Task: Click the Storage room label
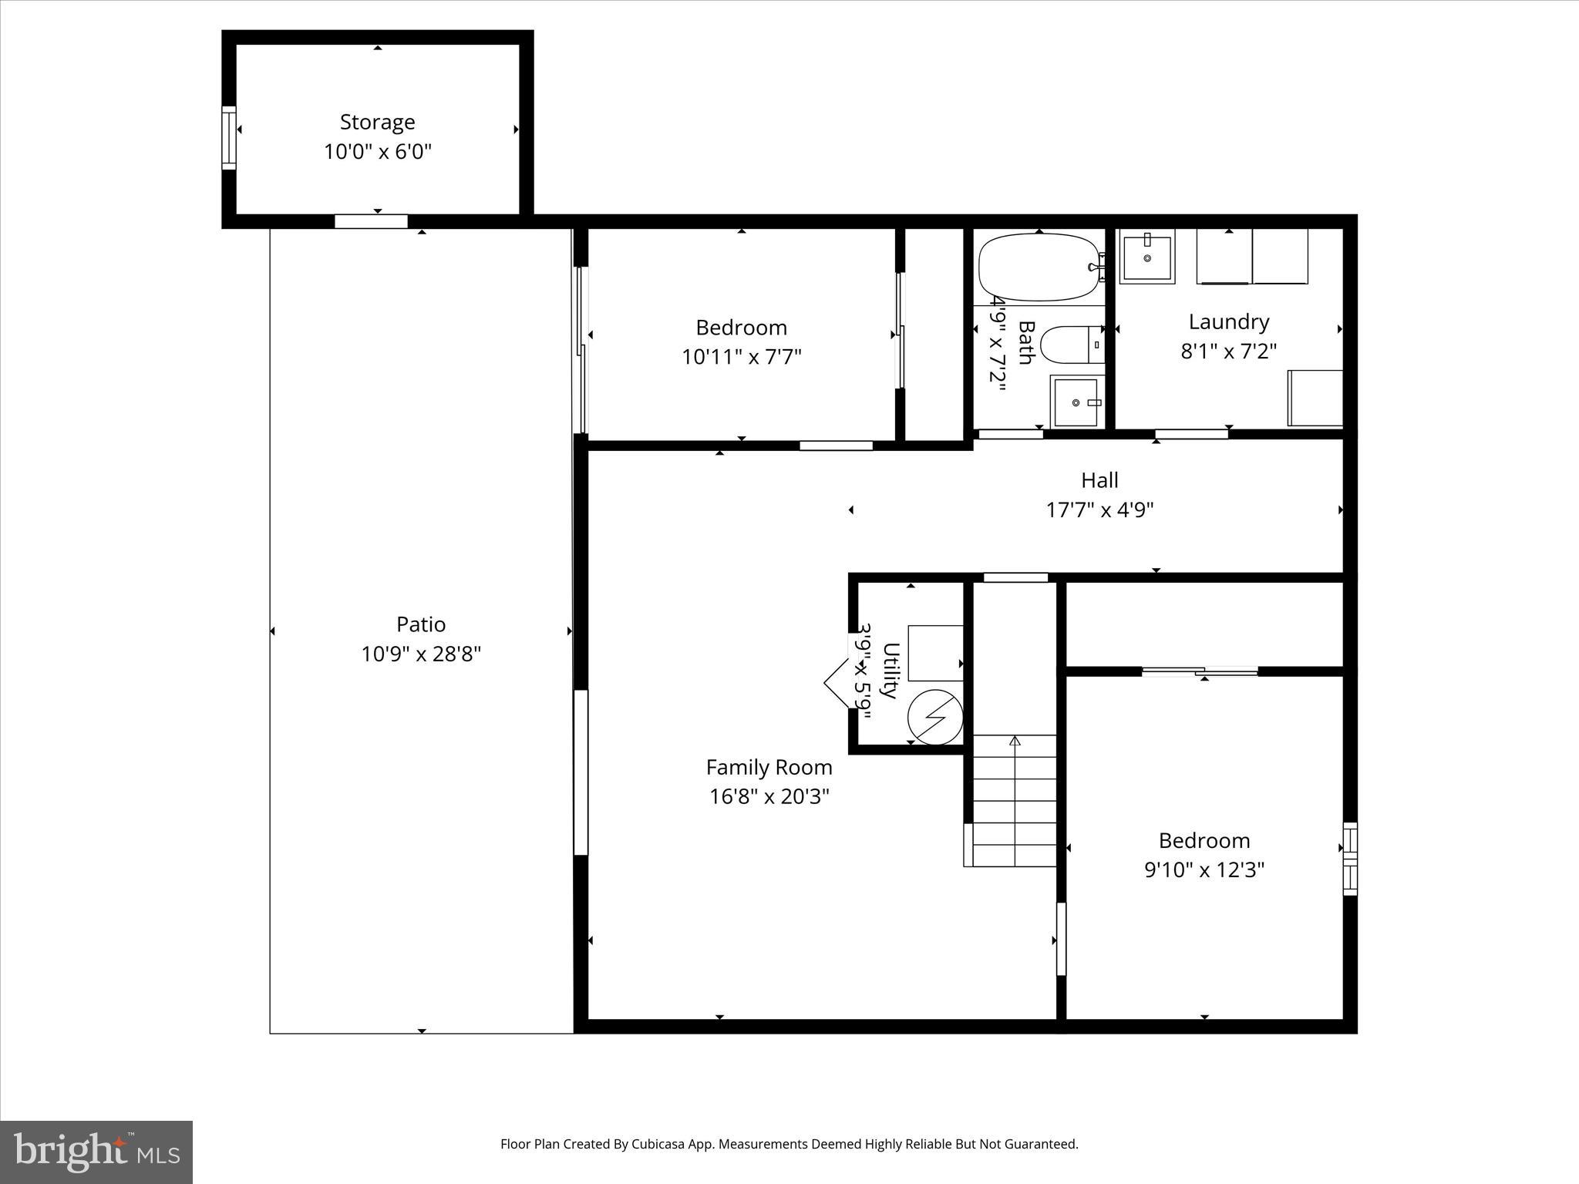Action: tap(377, 122)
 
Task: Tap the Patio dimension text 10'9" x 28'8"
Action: tap(421, 654)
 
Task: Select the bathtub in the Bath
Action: tap(1038, 267)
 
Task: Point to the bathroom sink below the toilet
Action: tap(1076, 402)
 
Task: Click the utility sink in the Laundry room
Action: tap(1147, 257)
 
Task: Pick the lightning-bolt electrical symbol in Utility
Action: tap(934, 717)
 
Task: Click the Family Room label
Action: tap(769, 767)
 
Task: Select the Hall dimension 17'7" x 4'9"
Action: tap(1099, 510)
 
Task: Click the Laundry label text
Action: tap(1228, 321)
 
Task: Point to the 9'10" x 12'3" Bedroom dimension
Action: tap(1204, 869)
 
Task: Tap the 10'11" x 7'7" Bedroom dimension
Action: tap(741, 357)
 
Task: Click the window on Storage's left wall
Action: tap(229, 137)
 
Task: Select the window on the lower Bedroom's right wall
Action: tap(1350, 859)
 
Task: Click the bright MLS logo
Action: tap(96, 1152)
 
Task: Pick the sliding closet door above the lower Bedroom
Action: tap(1200, 671)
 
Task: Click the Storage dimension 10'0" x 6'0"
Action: tap(377, 151)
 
